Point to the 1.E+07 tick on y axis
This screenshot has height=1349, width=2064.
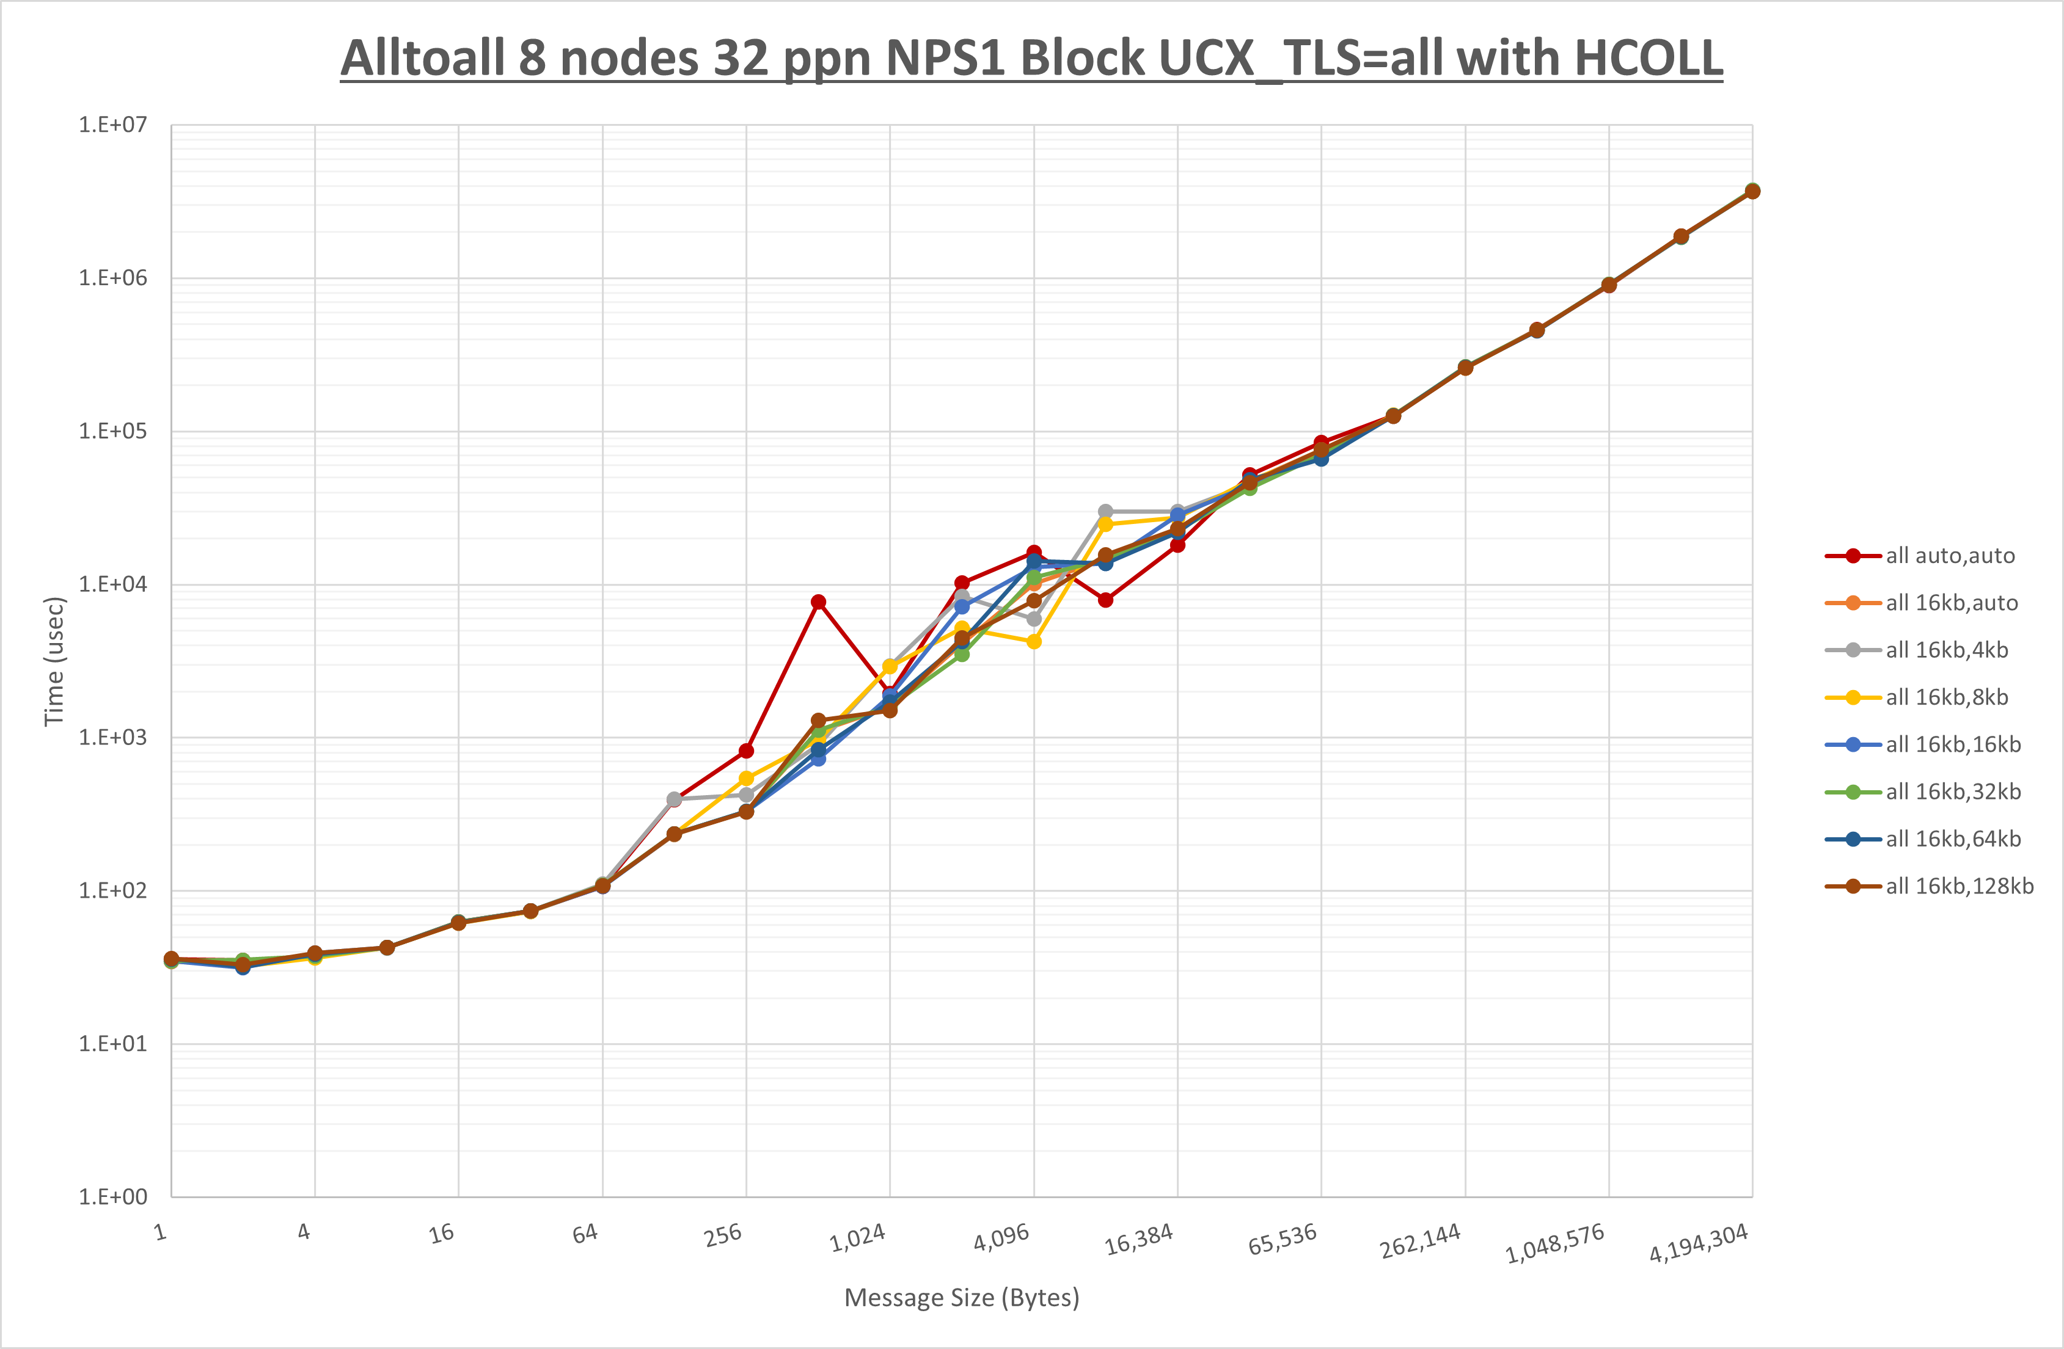pyautogui.click(x=113, y=125)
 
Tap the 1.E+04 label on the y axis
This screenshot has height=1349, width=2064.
pyautogui.click(x=113, y=584)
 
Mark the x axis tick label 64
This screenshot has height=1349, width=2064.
pyautogui.click(x=585, y=1233)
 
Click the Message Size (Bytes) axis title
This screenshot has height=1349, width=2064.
pyautogui.click(x=962, y=1298)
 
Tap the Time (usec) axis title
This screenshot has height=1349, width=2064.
pyautogui.click(x=54, y=661)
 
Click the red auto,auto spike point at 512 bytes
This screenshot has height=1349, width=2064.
pyautogui.click(x=818, y=602)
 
